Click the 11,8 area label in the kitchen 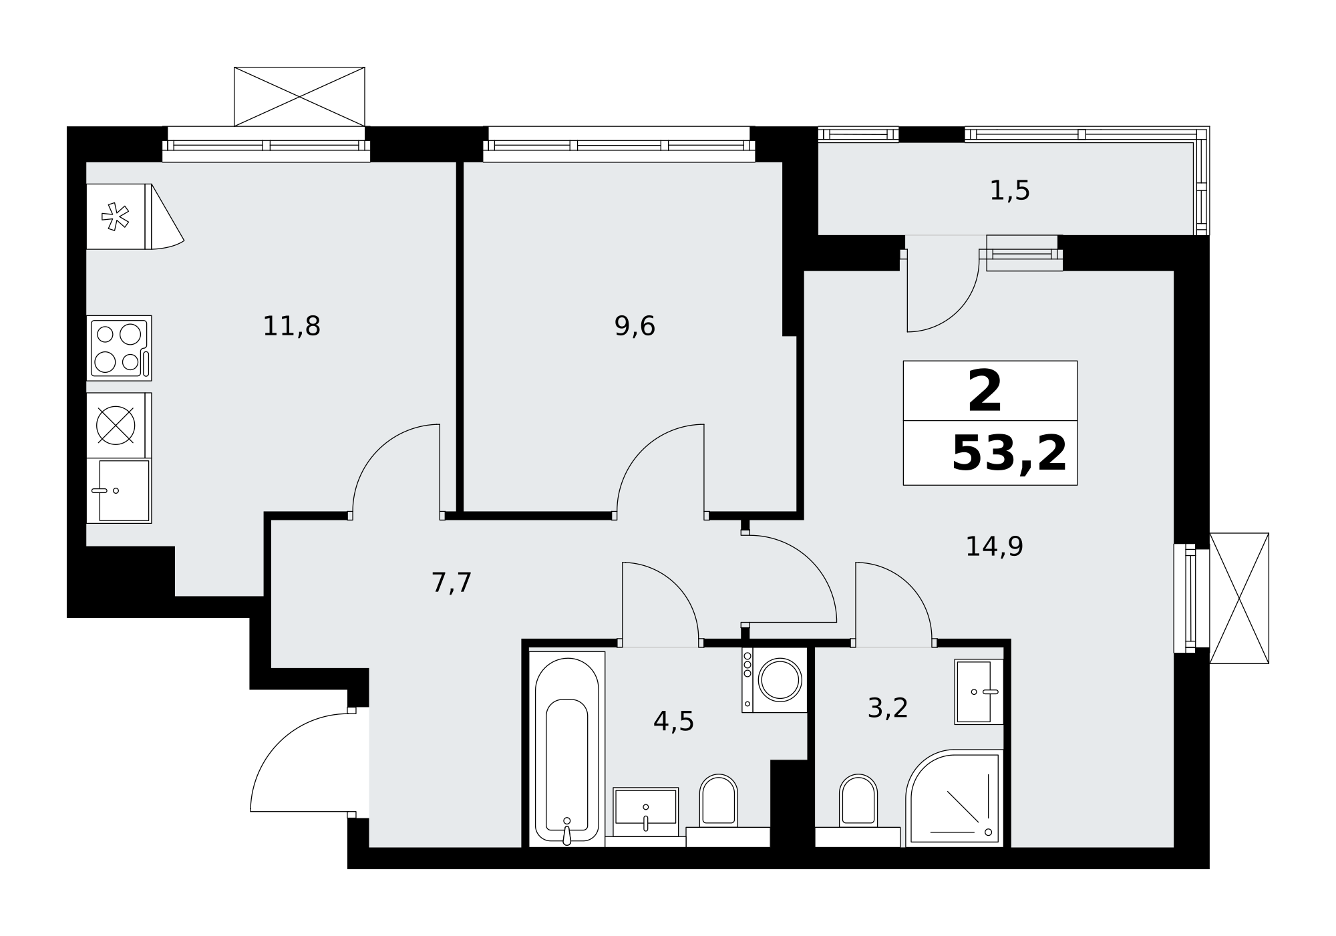point(291,327)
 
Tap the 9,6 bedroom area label point(635,327)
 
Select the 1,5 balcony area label point(1009,191)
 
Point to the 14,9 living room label point(994,547)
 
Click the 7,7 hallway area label point(452,583)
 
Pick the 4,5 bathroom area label point(673,722)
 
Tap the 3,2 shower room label point(888,709)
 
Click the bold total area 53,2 point(1009,454)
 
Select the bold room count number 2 point(985,392)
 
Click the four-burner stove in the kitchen point(119,348)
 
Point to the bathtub point(567,750)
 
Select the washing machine point(774,679)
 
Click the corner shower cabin point(955,798)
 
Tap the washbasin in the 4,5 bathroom point(646,812)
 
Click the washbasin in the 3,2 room point(979,692)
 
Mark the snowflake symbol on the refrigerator point(115,216)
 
